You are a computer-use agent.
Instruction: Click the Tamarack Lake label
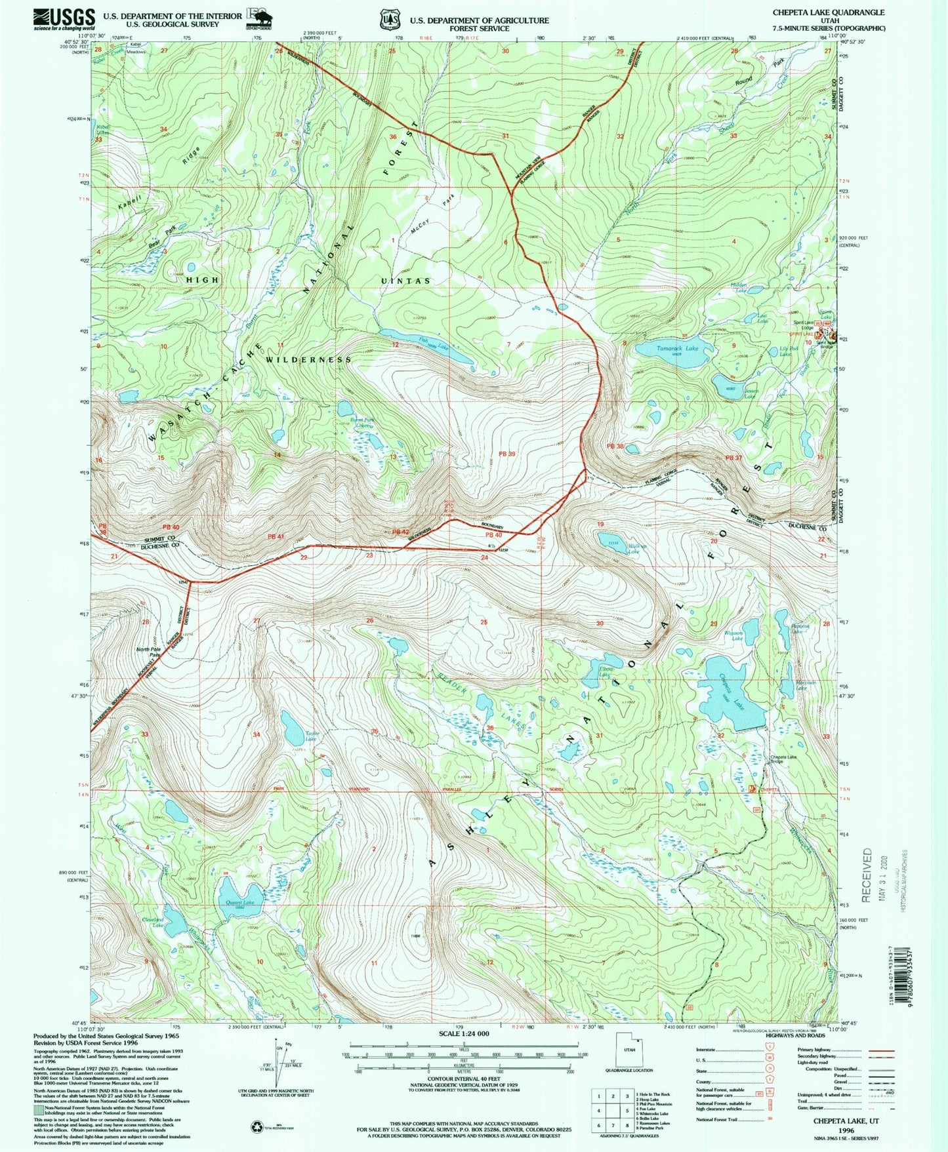pyautogui.click(x=678, y=348)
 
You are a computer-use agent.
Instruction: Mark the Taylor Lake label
pyautogui.click(x=312, y=736)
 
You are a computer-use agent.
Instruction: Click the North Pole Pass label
pyautogui.click(x=148, y=652)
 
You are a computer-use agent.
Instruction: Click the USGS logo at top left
pyautogui.click(x=64, y=19)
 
